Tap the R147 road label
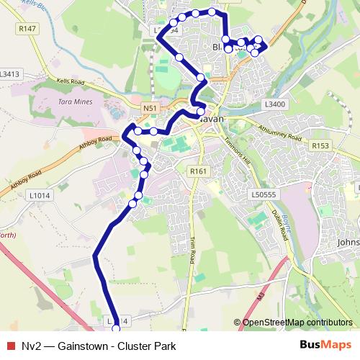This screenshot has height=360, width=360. tap(28, 29)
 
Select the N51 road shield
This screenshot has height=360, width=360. tap(150, 109)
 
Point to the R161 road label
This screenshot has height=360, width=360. tap(198, 171)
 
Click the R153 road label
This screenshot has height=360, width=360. tap(320, 145)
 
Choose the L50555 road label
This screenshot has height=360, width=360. tap(264, 194)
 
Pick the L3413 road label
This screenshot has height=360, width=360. tap(11, 73)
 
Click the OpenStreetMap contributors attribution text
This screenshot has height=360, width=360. tap(297, 323)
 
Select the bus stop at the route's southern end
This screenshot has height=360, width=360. tap(117, 329)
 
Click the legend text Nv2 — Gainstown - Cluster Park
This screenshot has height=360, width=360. tap(99, 346)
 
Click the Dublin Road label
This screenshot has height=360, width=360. tap(287, 225)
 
